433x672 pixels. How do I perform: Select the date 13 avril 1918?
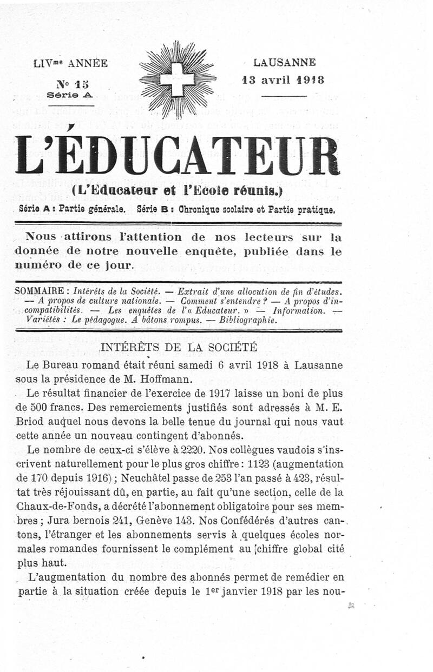click(x=283, y=80)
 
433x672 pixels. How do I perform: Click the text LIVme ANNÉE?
click(x=71, y=64)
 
